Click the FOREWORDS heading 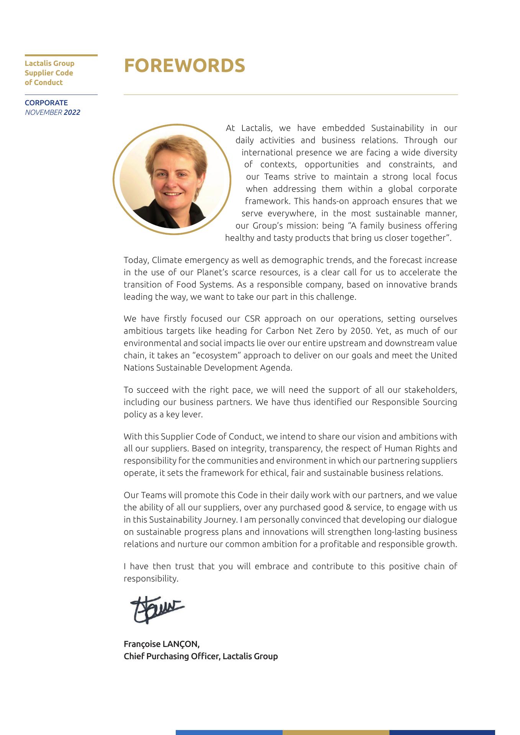pyautogui.click(x=184, y=65)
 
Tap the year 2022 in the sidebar pyautogui.click(x=72, y=113)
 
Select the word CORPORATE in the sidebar pyautogui.click(x=46, y=103)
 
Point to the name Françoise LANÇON pyautogui.click(x=161, y=644)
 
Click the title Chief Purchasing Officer pyautogui.click(x=171, y=656)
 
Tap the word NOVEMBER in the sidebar pyautogui.click(x=43, y=113)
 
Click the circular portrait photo pyautogui.click(x=172, y=179)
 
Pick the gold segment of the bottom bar pyautogui.click(x=336, y=732)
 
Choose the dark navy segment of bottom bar pyautogui.click(x=442, y=732)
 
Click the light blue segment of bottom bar pyautogui.click(x=229, y=732)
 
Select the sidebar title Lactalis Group pyautogui.click(x=49, y=64)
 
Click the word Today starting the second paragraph pyautogui.click(x=136, y=260)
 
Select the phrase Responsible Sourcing pyautogui.click(x=414, y=402)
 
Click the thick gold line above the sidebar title pyautogui.click(x=61, y=56)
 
